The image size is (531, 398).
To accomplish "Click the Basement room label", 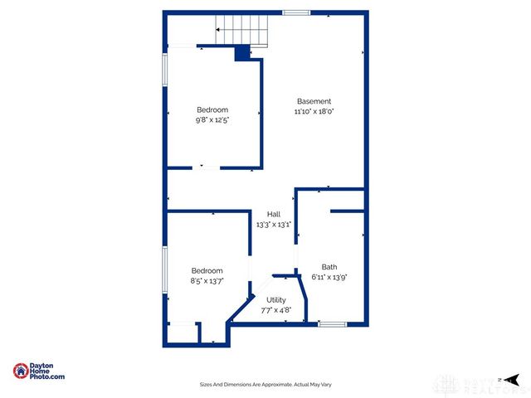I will (313, 101).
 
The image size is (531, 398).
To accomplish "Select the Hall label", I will (273, 214).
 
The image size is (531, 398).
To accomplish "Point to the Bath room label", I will (329, 267).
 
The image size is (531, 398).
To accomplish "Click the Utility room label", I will (275, 300).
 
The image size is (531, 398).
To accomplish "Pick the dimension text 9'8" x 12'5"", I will (212, 119).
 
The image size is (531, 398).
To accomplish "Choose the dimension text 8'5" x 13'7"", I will (207, 281).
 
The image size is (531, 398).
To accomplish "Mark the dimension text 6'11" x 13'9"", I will (329, 277).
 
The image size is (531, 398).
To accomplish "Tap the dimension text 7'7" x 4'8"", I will (275, 310).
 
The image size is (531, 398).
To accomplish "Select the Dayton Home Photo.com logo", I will (38, 371).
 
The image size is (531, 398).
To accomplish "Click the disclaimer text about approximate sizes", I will (265, 384).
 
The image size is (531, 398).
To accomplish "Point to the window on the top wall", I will (296, 12).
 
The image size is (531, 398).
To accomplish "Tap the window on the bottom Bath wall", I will (332, 323).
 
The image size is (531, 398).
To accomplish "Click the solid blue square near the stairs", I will (241, 53).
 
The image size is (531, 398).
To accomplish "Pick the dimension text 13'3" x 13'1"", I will (273, 224).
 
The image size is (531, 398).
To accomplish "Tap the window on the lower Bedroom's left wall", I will (165, 270).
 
